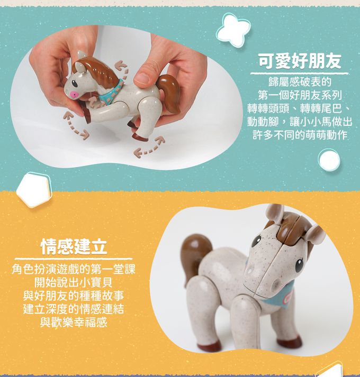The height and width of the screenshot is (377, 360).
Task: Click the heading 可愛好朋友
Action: tap(300, 61)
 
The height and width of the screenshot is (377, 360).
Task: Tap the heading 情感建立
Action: tap(74, 246)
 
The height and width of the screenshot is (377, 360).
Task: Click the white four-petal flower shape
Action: tap(233, 29)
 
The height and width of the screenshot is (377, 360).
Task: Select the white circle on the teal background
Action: tap(329, 160)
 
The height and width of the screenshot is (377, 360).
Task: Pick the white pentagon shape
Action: tap(34, 190)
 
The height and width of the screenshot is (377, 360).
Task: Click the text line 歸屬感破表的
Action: tap(300, 82)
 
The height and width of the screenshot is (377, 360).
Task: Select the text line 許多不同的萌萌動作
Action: tap(300, 135)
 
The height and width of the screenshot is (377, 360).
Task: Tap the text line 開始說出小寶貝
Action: tap(74, 283)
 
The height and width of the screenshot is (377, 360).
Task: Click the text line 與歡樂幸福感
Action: tap(74, 323)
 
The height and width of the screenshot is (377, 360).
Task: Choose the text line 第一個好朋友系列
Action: tap(300, 95)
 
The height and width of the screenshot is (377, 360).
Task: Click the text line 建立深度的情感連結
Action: tap(74, 309)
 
